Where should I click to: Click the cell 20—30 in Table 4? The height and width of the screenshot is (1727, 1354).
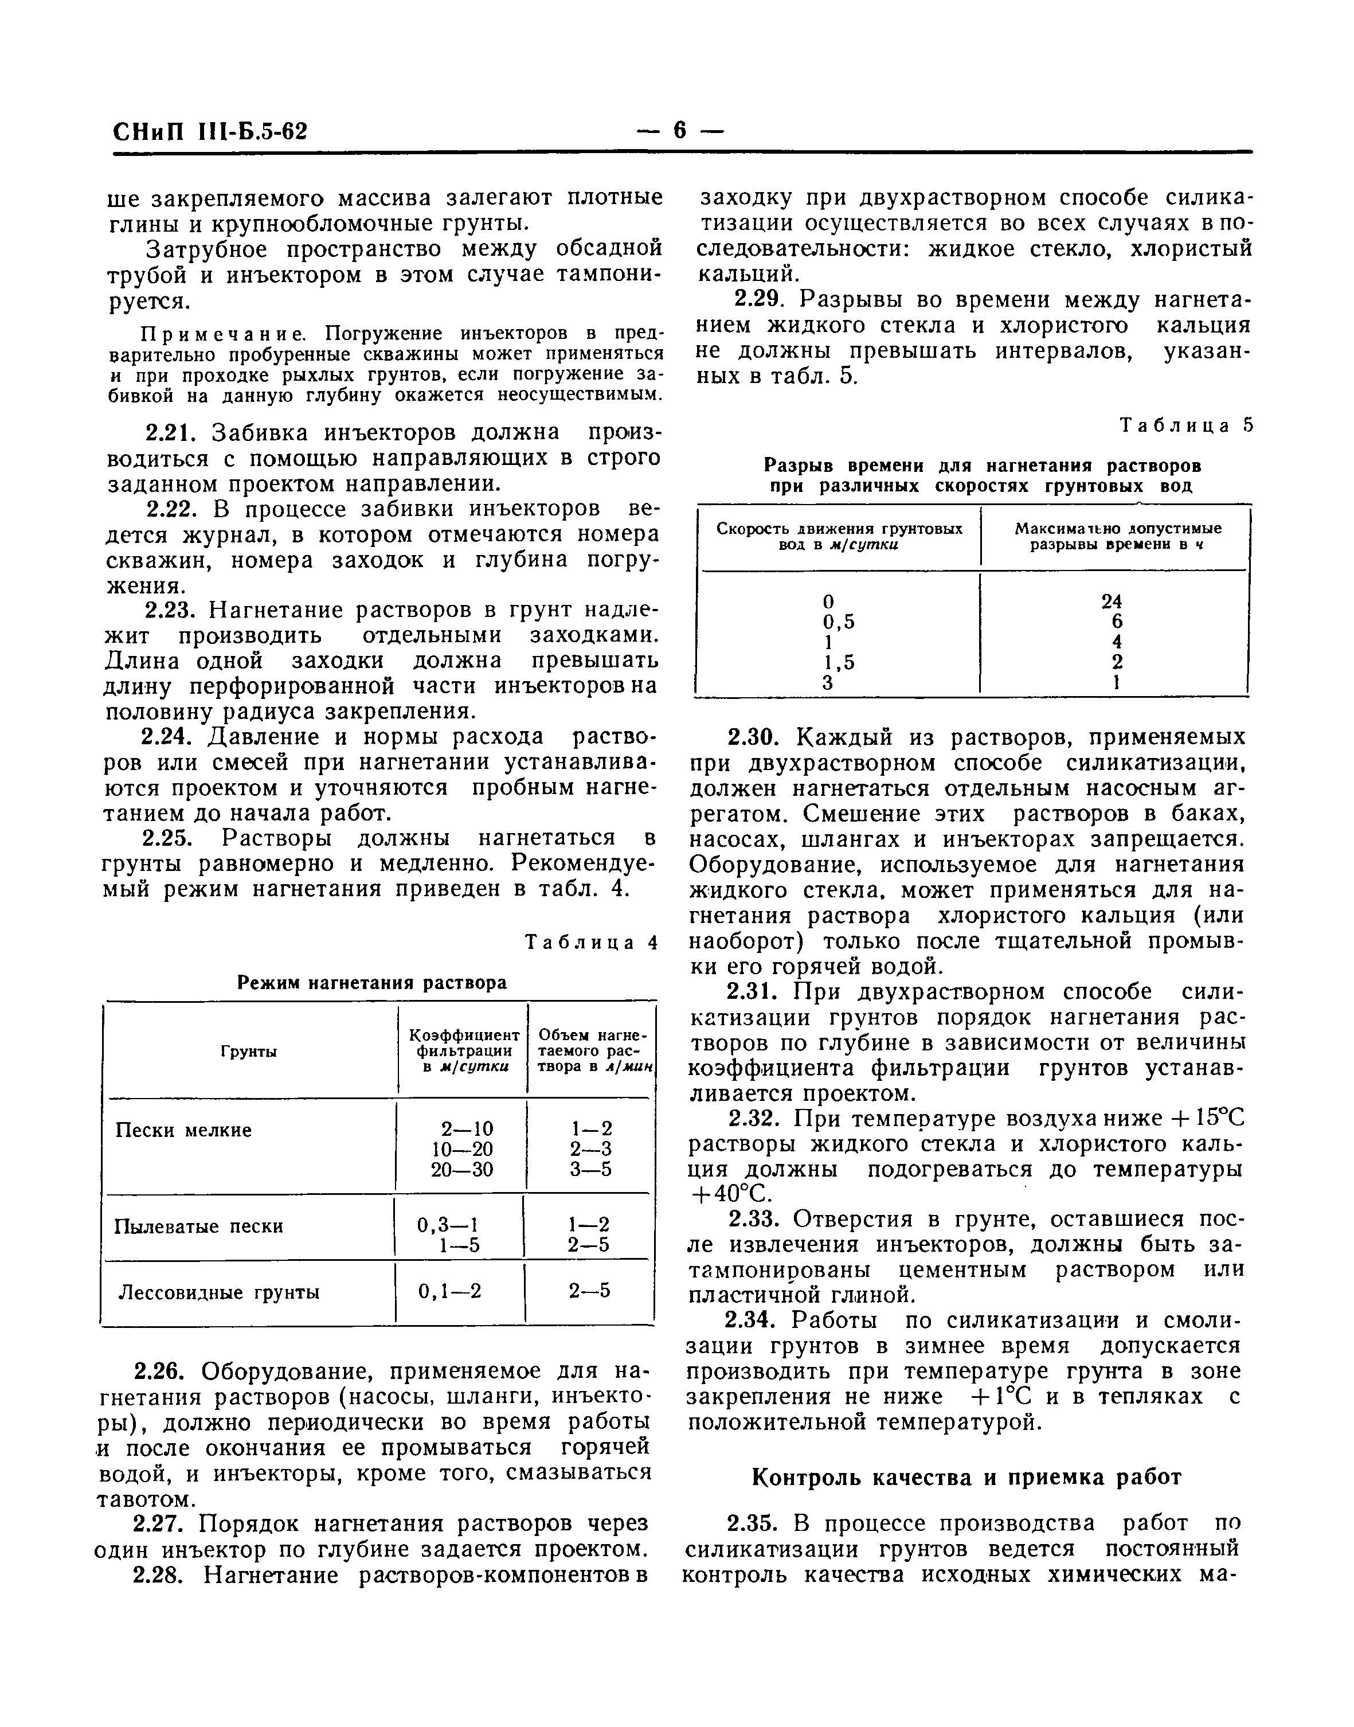pos(461,1170)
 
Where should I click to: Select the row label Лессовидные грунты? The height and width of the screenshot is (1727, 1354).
pos(219,1292)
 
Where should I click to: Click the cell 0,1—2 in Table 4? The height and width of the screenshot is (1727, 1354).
pos(449,1292)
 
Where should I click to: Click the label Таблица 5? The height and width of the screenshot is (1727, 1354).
pos(1187,426)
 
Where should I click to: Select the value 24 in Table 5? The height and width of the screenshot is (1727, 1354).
pos(1112,602)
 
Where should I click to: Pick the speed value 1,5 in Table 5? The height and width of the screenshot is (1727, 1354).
pos(839,662)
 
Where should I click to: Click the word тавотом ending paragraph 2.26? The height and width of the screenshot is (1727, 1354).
pos(146,1500)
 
